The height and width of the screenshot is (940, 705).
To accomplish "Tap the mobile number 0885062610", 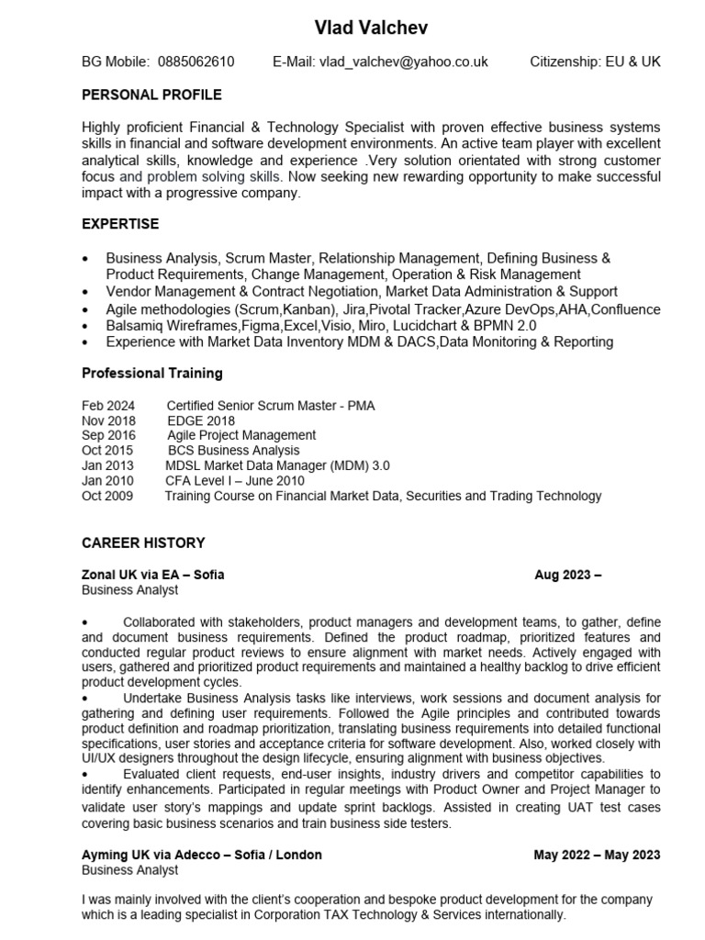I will click(196, 62).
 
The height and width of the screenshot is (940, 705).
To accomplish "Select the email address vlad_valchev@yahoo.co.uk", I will click(403, 62).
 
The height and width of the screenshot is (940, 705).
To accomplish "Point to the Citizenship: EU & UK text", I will click(595, 62).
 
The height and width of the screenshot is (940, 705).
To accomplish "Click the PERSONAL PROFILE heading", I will click(151, 95).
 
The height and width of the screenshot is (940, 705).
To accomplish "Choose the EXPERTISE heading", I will click(120, 224).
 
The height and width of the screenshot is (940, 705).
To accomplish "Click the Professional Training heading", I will click(151, 374).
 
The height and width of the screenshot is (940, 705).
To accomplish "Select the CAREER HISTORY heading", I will click(143, 543).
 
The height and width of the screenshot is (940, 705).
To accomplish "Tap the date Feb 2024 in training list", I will click(107, 405).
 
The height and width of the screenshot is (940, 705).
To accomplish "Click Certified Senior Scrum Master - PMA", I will click(271, 405).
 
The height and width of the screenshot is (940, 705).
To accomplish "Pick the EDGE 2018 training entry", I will click(200, 420).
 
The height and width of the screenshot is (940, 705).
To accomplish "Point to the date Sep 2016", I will click(108, 435).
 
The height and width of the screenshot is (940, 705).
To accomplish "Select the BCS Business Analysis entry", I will click(233, 451).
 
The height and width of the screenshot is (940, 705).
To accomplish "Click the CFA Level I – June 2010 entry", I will click(234, 481).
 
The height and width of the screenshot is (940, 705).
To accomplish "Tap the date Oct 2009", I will click(107, 496).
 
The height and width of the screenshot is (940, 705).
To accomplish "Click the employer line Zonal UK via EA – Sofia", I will click(152, 575).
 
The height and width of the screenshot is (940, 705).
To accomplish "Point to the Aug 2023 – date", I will click(567, 575).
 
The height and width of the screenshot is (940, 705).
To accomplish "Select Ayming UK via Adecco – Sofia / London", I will click(202, 855).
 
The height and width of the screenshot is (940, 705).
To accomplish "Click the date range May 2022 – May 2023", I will click(597, 855).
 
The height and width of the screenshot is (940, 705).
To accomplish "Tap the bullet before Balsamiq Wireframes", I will click(86, 327).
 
